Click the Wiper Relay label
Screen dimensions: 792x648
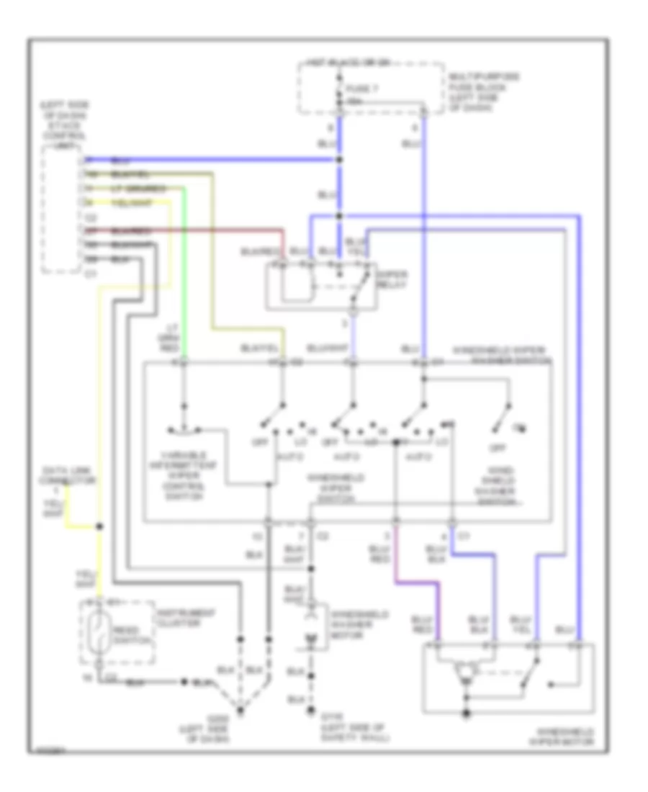click(x=393, y=279)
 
